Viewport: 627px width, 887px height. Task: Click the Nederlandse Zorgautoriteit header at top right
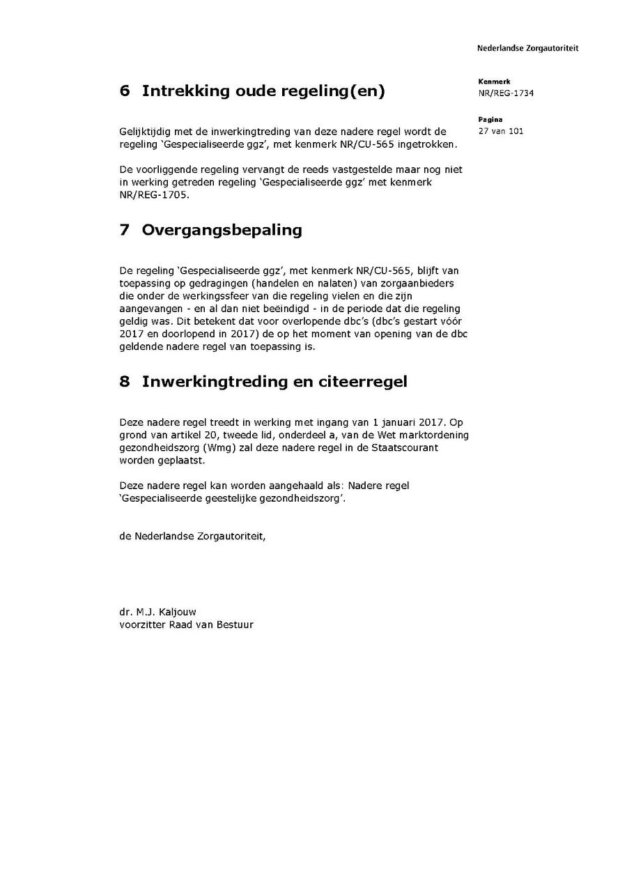coord(527,49)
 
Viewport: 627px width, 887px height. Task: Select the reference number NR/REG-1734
coord(506,93)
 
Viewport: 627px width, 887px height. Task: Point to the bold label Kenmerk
coord(495,82)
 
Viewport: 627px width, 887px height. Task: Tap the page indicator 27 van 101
coord(501,131)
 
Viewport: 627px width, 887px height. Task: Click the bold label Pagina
coord(490,120)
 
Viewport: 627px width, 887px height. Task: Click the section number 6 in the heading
coord(125,91)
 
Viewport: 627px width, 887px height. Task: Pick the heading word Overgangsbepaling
coord(222,230)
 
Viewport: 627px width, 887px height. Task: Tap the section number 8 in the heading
coord(125,382)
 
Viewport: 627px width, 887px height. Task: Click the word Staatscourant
coord(403,447)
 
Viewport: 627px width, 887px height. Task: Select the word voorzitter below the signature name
coord(139,624)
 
